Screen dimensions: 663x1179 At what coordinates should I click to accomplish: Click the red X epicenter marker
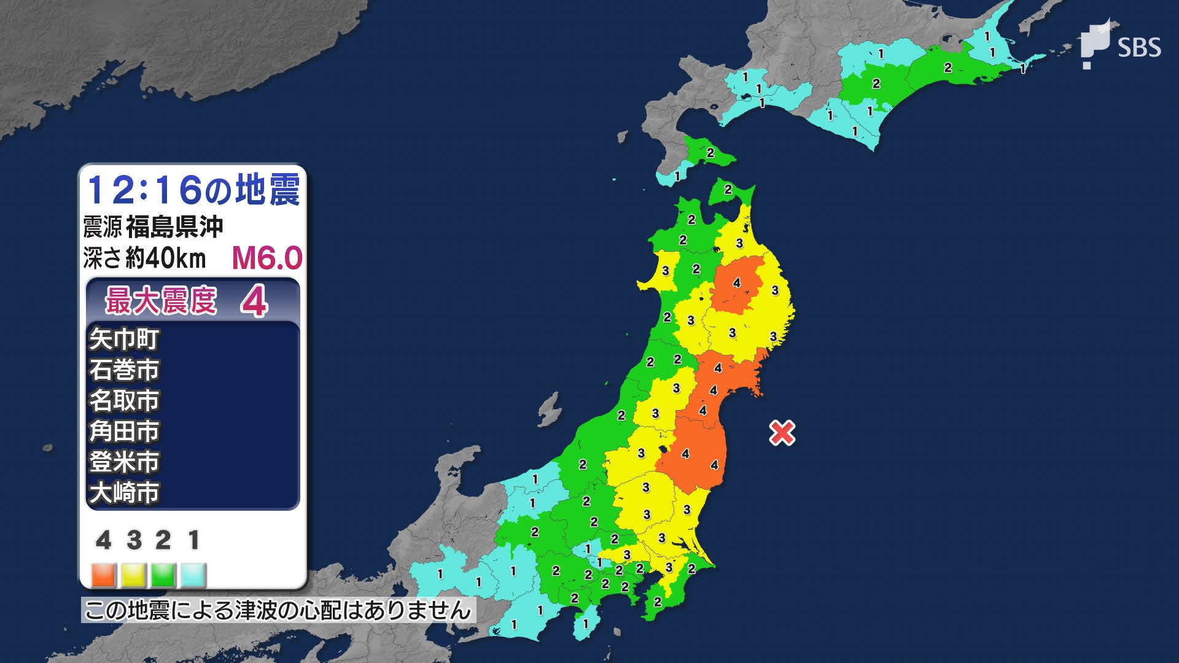(x=782, y=433)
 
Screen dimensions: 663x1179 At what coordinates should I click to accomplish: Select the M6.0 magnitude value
(x=267, y=259)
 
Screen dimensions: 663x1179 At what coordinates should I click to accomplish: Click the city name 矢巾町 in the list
(x=124, y=339)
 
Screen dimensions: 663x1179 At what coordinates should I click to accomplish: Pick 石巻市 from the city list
(x=124, y=370)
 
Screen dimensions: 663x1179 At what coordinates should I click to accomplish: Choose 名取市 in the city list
(x=124, y=400)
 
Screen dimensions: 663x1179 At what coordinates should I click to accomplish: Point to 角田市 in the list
(x=124, y=431)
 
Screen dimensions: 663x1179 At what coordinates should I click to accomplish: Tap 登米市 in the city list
(x=124, y=462)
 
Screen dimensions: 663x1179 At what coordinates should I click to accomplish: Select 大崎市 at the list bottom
(x=124, y=492)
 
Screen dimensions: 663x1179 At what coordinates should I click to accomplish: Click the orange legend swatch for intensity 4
(x=104, y=575)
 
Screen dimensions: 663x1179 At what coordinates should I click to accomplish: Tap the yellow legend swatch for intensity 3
(x=134, y=575)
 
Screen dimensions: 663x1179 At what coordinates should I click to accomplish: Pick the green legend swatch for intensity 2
(x=164, y=575)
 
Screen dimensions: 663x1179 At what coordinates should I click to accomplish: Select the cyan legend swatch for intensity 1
(x=194, y=575)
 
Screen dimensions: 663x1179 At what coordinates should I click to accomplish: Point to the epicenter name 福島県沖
(x=174, y=227)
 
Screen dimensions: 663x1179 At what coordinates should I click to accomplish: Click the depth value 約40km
(x=166, y=259)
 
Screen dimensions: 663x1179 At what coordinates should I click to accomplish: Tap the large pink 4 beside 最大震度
(x=254, y=302)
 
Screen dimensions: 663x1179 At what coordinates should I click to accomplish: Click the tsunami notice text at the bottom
(x=278, y=610)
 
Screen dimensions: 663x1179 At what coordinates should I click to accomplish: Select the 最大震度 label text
(x=161, y=301)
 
